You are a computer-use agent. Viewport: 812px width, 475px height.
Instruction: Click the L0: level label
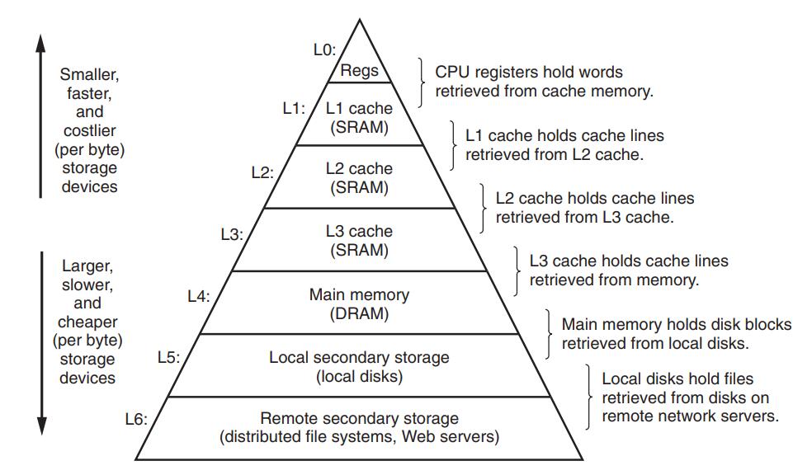pyautogui.click(x=324, y=49)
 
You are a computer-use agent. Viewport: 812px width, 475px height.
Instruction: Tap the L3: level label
pyautogui.click(x=232, y=234)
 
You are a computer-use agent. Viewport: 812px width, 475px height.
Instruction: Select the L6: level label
pyautogui.click(x=136, y=419)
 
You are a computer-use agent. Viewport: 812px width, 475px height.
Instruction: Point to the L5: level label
pyautogui.click(x=168, y=357)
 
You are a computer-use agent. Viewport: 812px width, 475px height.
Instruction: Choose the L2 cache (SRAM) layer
pyautogui.click(x=359, y=177)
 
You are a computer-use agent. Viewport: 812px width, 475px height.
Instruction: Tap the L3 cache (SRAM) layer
pyautogui.click(x=359, y=240)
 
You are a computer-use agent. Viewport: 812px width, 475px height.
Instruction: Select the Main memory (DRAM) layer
pyautogui.click(x=359, y=303)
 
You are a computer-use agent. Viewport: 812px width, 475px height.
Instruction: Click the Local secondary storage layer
pyautogui.click(x=359, y=365)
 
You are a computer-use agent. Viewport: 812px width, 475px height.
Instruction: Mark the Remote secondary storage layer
pyautogui.click(x=359, y=427)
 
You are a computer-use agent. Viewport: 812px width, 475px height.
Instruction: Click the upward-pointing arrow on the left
pyautogui.click(x=40, y=115)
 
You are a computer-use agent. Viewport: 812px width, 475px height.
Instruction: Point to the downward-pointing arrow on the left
pyautogui.click(x=40, y=342)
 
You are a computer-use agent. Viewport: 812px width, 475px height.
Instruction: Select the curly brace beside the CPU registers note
pyautogui.click(x=424, y=82)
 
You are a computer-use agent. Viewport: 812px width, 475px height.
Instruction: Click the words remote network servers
pyautogui.click(x=690, y=416)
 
